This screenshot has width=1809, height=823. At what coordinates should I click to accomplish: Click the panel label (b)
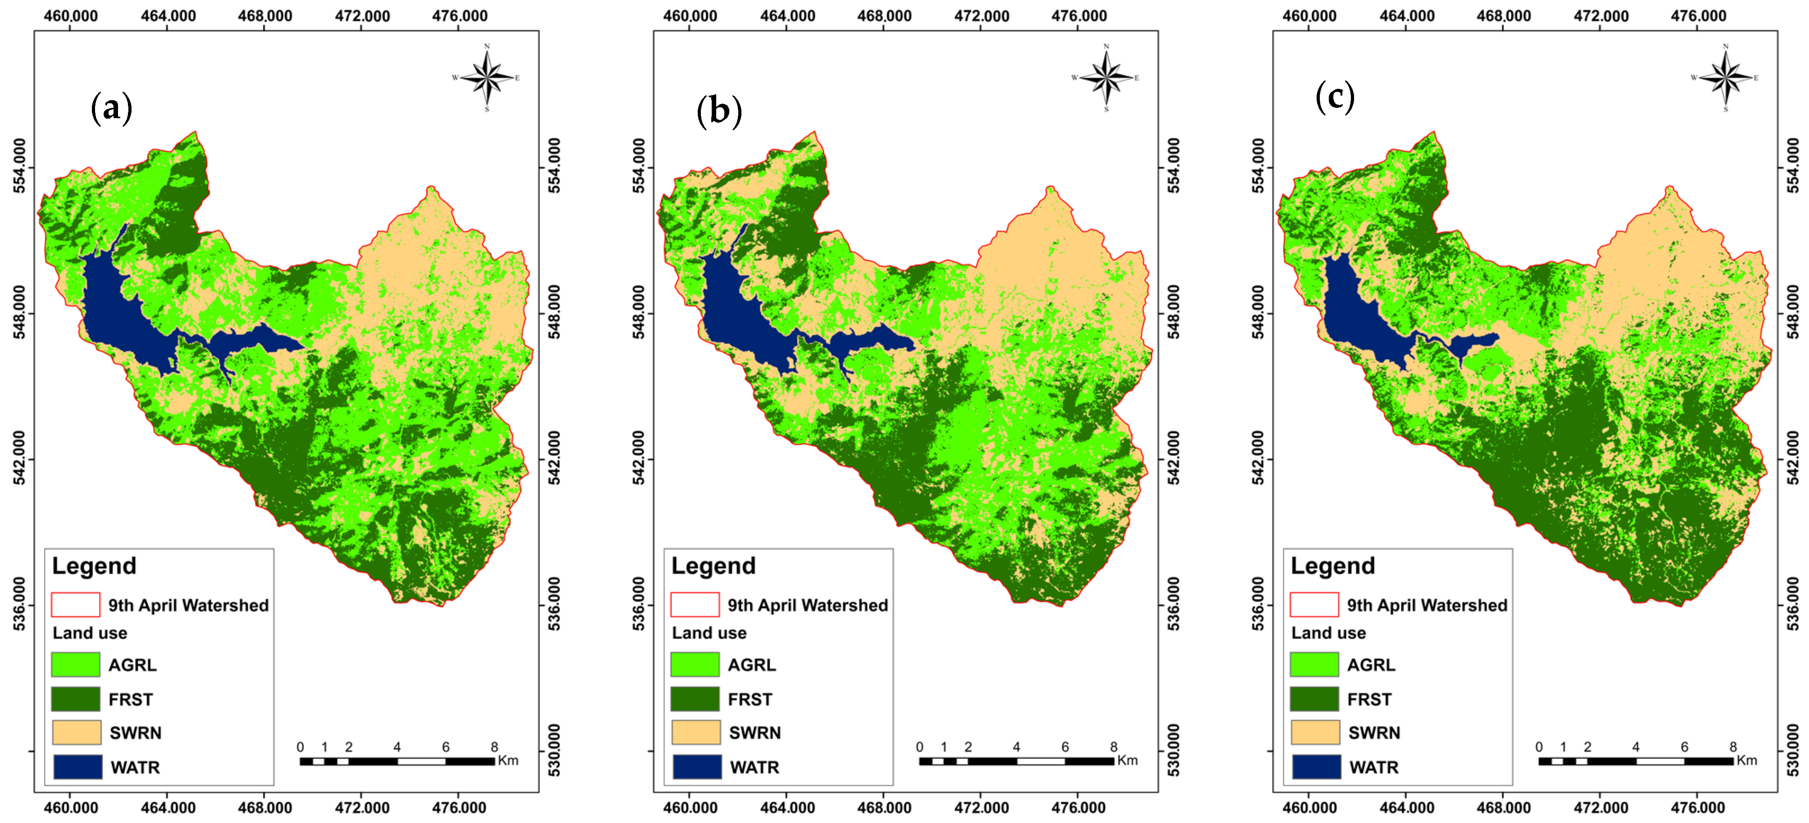pyautogui.click(x=718, y=111)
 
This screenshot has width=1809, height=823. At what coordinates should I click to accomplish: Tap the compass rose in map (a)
pyautogui.click(x=486, y=77)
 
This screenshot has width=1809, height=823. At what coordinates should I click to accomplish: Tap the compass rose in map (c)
pyautogui.click(x=1725, y=77)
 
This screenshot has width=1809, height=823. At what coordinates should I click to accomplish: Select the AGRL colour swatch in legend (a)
pyautogui.click(x=75, y=664)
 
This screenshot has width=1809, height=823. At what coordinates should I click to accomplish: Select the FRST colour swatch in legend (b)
pyautogui.click(x=695, y=699)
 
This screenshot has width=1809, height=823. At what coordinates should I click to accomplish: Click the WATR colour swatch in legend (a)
pyautogui.click(x=77, y=767)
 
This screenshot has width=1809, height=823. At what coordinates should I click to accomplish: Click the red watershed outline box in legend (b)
pyautogui.click(x=695, y=604)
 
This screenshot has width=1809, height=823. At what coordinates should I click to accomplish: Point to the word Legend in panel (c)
pyautogui.click(x=1332, y=566)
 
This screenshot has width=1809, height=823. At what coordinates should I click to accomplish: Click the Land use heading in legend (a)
pyautogui.click(x=90, y=633)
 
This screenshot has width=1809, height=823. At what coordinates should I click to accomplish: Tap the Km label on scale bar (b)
pyautogui.click(x=1127, y=760)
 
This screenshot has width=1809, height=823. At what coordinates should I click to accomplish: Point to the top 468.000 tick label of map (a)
pyautogui.click(x=265, y=15)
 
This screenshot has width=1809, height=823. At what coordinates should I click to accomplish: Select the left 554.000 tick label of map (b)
pyautogui.click(x=638, y=165)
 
